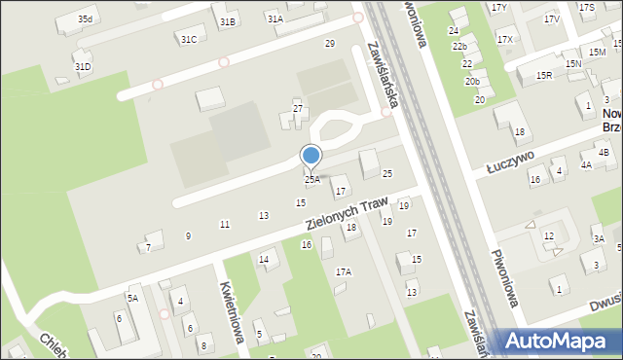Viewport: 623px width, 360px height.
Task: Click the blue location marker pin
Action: point(311,156)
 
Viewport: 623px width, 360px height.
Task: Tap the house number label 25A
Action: point(311,179)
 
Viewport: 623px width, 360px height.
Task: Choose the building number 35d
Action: point(87,19)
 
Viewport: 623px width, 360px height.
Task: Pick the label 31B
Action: point(228,21)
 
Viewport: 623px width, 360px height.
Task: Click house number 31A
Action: point(275,18)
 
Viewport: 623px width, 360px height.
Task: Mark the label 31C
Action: point(189,39)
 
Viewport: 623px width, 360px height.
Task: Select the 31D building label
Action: point(83,66)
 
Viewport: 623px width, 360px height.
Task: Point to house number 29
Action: point(330,44)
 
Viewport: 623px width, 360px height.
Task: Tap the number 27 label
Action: point(299,108)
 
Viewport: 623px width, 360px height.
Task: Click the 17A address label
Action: point(344,272)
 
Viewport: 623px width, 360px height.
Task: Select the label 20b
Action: point(472,81)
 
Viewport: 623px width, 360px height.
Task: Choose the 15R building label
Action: point(544,75)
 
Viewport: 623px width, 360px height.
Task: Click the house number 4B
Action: point(604,153)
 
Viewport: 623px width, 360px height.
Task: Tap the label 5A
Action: point(132,298)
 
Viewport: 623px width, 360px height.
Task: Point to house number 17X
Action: point(504,39)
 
